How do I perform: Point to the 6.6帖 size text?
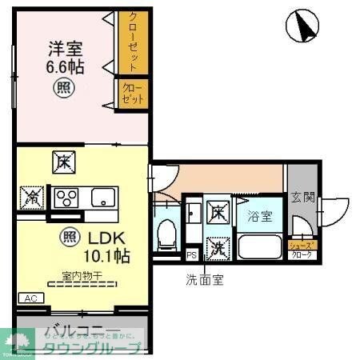pos(64,66)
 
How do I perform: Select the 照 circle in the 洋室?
pos(63,87)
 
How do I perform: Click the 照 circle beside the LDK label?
pos(70,237)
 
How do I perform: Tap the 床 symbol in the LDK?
pos(62,162)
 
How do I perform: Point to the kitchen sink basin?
pos(104,197)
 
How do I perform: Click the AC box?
pos(31,298)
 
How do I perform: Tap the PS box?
pos(191,255)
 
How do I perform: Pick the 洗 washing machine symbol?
pos(216,249)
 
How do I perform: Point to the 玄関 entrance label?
pos(301,196)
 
